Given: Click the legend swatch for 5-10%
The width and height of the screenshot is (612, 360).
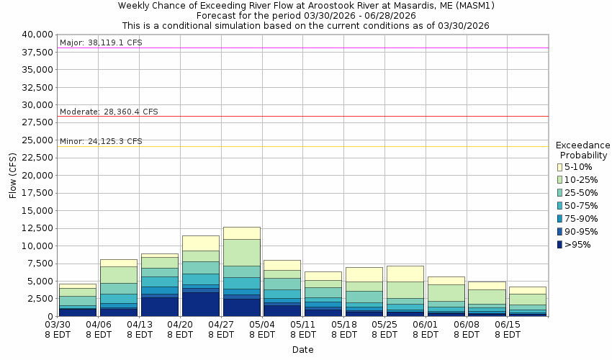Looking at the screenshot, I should tap(559, 167).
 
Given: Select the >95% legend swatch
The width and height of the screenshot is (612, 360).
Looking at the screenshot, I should tap(559, 245).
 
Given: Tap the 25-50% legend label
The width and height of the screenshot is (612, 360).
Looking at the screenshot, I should tap(581, 193).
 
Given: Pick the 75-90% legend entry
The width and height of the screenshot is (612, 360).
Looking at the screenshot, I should tap(581, 219).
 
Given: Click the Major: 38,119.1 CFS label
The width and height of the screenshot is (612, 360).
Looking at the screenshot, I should tap(101, 43).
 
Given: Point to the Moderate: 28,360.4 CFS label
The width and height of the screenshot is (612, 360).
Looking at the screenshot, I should tap(109, 112).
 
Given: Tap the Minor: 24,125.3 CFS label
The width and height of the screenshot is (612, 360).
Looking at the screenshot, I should tap(101, 141).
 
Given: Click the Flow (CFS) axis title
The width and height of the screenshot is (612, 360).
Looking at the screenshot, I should tap(12, 175).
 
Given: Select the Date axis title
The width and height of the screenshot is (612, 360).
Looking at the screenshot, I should tap(302, 350).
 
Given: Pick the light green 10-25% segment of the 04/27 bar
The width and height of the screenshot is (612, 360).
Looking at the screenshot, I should tap(241, 252).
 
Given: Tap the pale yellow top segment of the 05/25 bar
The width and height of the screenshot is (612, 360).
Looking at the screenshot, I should tap(405, 274).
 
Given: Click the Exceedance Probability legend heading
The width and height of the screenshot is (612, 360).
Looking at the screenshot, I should tap(582, 150).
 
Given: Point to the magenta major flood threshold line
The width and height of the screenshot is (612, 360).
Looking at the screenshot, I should tap(360, 48).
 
